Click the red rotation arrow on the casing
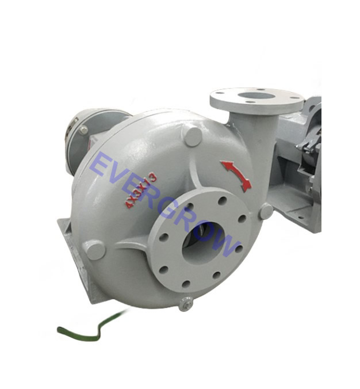coord(236,175)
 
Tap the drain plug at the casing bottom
coord(185,304)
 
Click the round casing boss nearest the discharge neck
coord(192,136)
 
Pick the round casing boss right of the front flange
coord(266,212)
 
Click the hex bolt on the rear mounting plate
coord(84,130)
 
